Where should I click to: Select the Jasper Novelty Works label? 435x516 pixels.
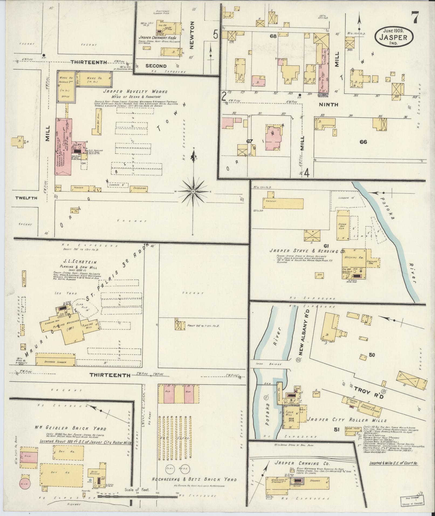(x=135, y=92)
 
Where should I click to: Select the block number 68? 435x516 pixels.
(x=273, y=36)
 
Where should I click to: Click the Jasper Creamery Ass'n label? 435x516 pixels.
(x=158, y=37)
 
